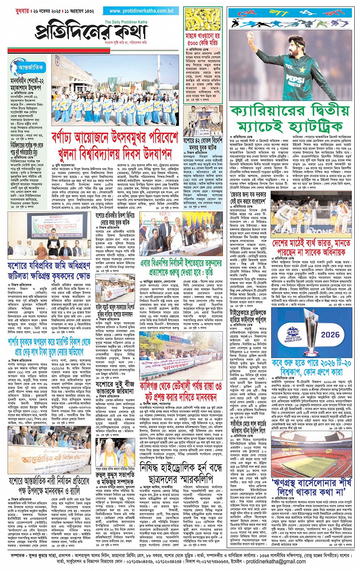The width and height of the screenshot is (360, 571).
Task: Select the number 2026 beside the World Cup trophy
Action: coord(330,335)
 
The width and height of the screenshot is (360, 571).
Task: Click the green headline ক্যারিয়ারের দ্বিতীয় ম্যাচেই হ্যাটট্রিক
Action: coord(290,118)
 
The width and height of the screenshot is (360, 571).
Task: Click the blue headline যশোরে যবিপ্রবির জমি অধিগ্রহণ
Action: coord(49,271)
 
